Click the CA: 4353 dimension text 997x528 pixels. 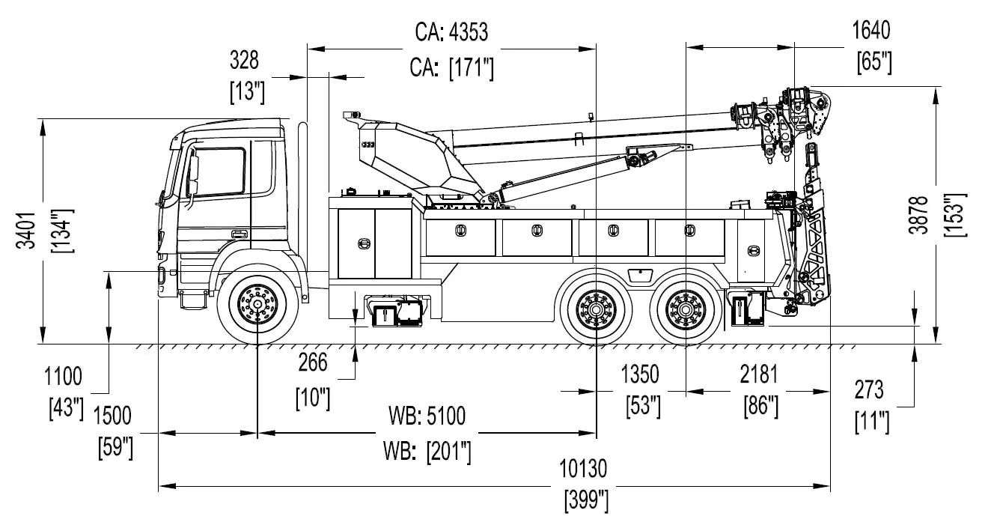click(451, 32)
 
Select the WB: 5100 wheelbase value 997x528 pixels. click(427, 416)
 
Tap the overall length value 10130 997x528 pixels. click(583, 469)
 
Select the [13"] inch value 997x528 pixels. click(248, 93)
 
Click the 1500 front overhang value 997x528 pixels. click(112, 416)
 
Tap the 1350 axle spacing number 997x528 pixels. click(640, 374)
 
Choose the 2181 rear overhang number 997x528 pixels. click(758, 374)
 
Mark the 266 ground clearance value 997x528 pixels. click(313, 362)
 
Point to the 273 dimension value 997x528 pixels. click(868, 389)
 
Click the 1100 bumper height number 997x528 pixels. click(64, 375)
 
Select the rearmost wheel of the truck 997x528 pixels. click(686, 308)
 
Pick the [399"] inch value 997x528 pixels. click(585, 500)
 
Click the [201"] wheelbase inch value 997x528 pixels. click(427, 451)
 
